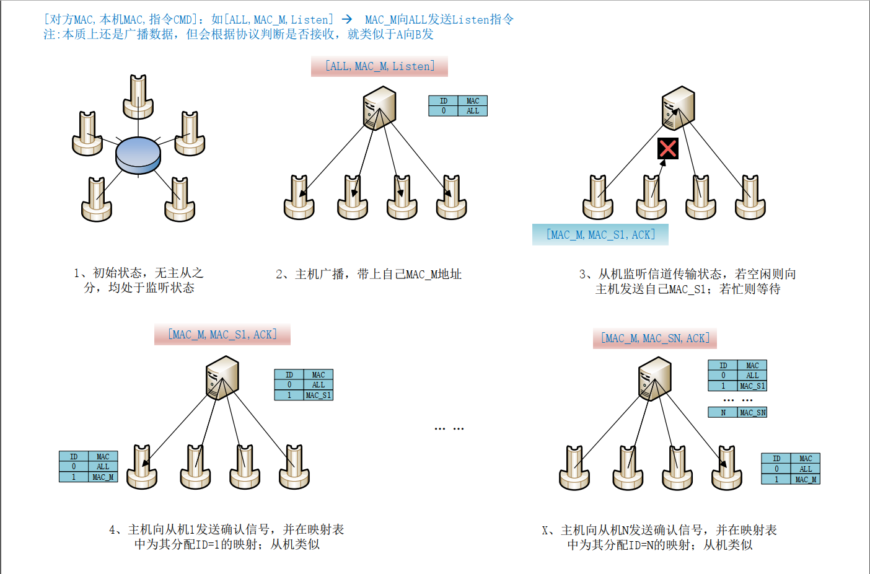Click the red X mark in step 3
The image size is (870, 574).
(667, 148)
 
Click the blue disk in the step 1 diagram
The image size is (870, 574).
(138, 154)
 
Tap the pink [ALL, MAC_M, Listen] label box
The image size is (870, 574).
(379, 66)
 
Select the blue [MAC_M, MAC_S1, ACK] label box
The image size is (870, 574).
(600, 235)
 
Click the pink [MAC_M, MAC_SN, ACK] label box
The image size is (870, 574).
(654, 338)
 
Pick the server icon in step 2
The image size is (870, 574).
(379, 108)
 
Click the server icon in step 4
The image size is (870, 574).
(222, 378)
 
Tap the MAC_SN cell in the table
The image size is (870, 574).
(752, 413)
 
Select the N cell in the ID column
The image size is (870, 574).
(723, 413)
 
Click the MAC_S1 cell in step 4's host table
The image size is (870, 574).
(319, 395)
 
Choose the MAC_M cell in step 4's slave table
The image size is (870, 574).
(103, 477)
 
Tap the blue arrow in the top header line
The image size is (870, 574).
(347, 19)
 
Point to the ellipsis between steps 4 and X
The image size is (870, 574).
(449, 428)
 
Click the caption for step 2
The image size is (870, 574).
(369, 274)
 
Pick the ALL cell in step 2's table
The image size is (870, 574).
(473, 111)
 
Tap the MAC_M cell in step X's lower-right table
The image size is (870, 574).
(806, 479)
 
